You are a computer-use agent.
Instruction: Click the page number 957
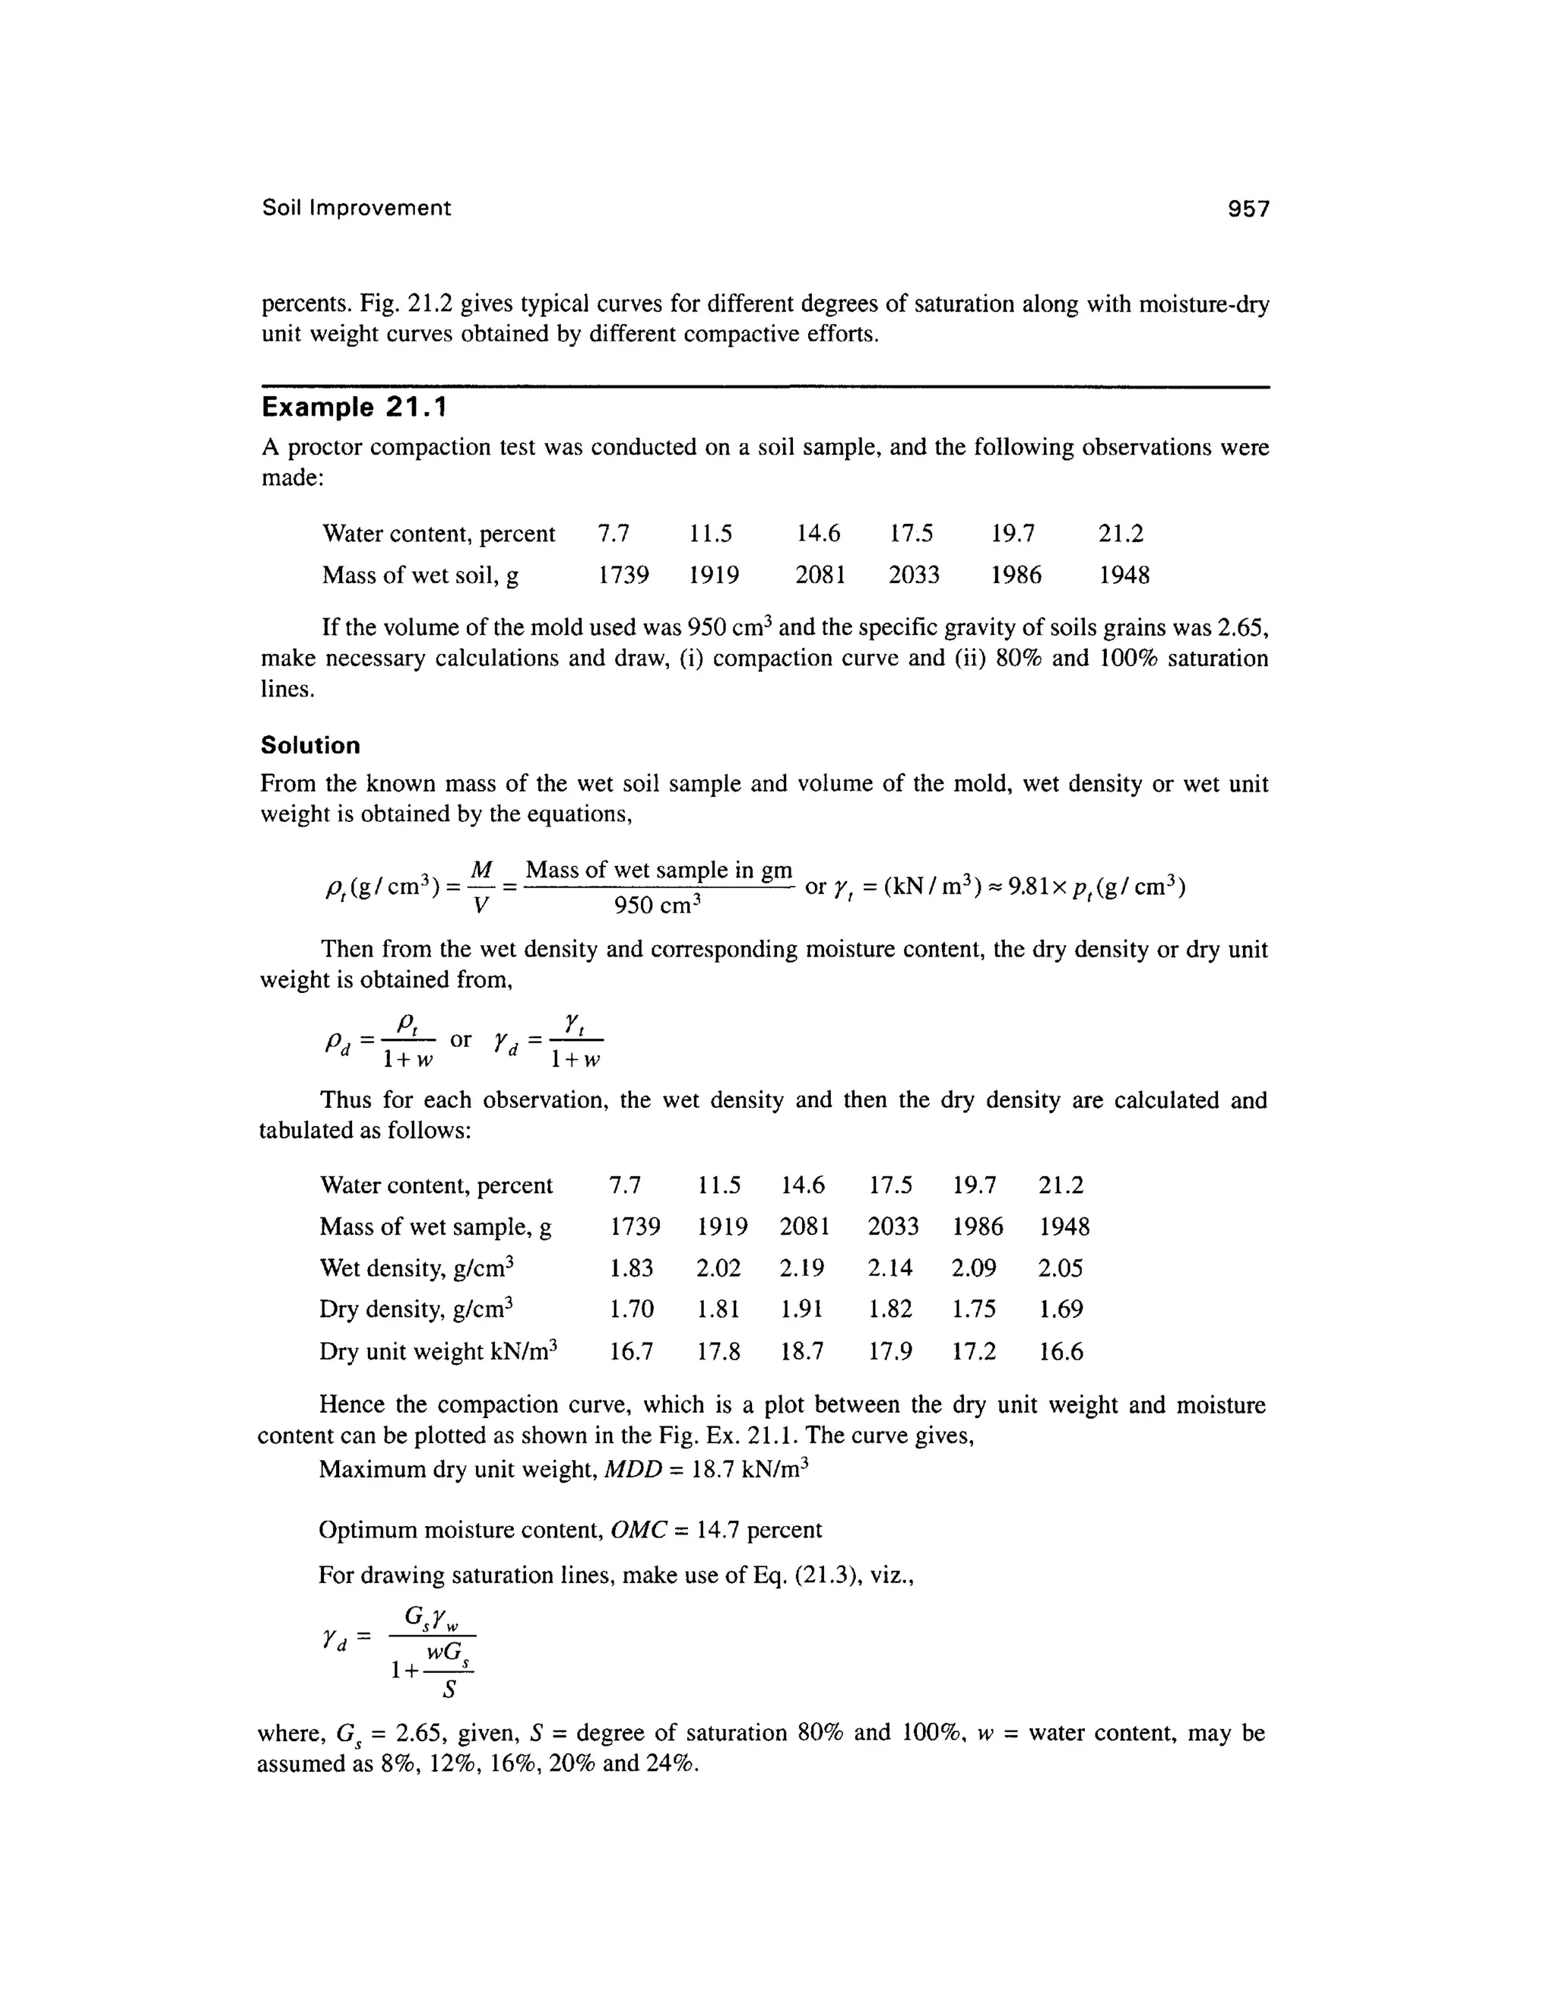(1248, 209)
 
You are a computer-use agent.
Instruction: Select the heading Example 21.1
(354, 408)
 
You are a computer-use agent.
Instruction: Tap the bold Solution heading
(310, 745)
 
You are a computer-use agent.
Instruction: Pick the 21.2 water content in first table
(1121, 533)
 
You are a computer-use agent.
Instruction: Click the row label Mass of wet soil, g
(420, 576)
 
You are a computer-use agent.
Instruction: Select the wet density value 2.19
(801, 1268)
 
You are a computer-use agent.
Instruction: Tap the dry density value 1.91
(801, 1310)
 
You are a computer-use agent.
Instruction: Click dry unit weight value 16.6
(1061, 1353)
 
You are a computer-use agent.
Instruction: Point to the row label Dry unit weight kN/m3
(439, 1352)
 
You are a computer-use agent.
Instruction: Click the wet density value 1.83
(632, 1268)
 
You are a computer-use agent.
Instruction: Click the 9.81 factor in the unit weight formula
(1029, 887)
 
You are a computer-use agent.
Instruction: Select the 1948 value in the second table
(1064, 1227)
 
